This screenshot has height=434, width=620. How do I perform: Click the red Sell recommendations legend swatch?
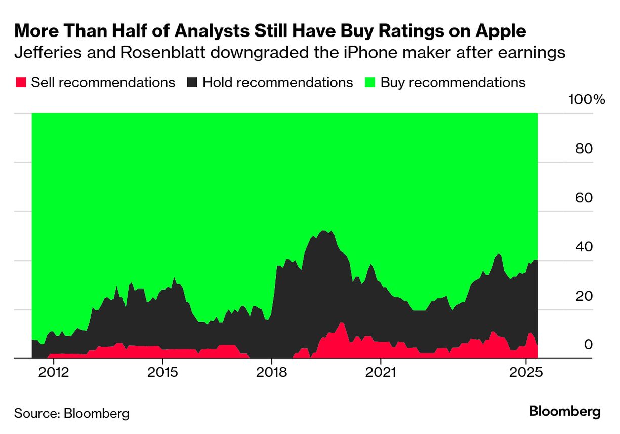tap(21, 82)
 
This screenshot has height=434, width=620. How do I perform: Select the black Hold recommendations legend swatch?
tap(192, 82)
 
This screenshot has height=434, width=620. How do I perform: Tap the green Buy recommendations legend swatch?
tap(370, 82)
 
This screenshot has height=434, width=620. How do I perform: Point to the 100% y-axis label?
tap(587, 99)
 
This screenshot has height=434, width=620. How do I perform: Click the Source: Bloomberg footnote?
tap(71, 413)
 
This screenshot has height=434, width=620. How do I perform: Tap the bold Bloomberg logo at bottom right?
tap(565, 412)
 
